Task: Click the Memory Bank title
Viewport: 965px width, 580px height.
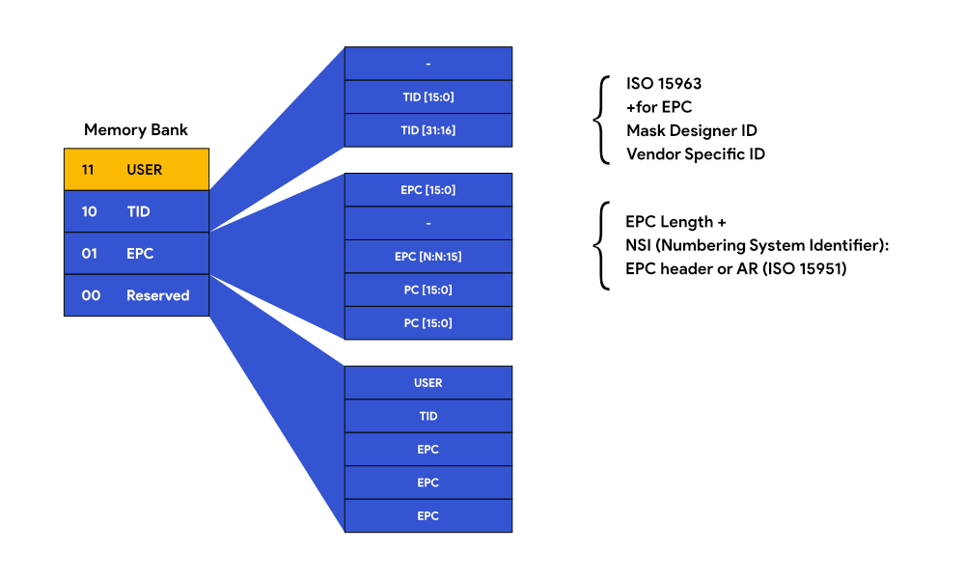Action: point(135,129)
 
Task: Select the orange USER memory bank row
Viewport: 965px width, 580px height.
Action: point(136,170)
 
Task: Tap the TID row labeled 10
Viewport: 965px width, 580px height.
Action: point(136,211)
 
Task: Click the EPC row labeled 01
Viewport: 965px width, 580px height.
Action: point(136,254)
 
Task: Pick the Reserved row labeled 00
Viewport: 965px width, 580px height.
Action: point(136,295)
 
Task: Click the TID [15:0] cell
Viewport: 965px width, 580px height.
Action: point(427,97)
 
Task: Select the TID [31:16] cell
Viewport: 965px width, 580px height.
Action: point(427,130)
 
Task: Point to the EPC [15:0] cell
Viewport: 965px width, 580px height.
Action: point(427,190)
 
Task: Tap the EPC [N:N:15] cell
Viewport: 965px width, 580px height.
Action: point(427,257)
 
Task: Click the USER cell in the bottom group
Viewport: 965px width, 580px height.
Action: point(427,383)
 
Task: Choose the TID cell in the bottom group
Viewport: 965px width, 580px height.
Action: point(427,416)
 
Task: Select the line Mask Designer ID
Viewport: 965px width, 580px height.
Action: point(691,130)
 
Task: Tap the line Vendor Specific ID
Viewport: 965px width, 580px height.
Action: point(695,153)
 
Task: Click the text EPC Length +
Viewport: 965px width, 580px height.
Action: point(675,222)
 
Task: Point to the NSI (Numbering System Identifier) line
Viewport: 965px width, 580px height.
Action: point(756,245)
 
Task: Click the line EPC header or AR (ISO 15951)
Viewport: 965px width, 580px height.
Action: point(735,268)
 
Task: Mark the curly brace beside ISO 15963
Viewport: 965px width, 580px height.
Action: point(603,119)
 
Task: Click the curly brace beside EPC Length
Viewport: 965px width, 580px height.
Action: point(603,245)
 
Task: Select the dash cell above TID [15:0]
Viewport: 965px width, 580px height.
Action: point(427,64)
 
